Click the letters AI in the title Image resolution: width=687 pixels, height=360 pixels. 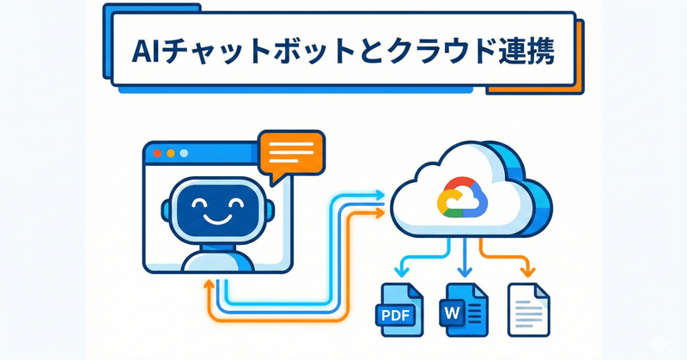pyautogui.click(x=149, y=53)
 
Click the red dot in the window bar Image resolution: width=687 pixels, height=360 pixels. pyautogui.click(x=156, y=154)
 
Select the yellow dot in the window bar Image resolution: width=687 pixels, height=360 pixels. pyautogui.click(x=170, y=154)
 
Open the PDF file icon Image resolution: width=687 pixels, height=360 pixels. pyautogui.click(x=399, y=306)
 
